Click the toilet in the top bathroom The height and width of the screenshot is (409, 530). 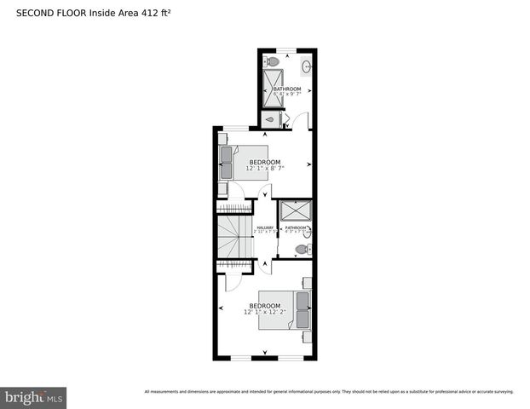[272, 61]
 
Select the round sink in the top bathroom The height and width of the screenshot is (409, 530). [306, 65]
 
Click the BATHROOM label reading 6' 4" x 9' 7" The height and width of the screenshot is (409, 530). [287, 92]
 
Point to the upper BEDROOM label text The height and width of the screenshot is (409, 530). [264, 162]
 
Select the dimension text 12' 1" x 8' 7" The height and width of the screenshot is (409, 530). [264, 169]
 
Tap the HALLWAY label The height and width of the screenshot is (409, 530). [265, 228]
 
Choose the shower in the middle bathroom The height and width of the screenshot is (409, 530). [295, 211]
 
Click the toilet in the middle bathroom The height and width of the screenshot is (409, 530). [300, 250]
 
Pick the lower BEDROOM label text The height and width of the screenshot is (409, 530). [265, 305]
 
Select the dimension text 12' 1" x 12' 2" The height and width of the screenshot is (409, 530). [265, 312]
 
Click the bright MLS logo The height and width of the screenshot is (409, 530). [33, 397]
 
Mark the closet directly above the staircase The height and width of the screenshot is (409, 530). [234, 207]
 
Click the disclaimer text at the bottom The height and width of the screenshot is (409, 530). [329, 392]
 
